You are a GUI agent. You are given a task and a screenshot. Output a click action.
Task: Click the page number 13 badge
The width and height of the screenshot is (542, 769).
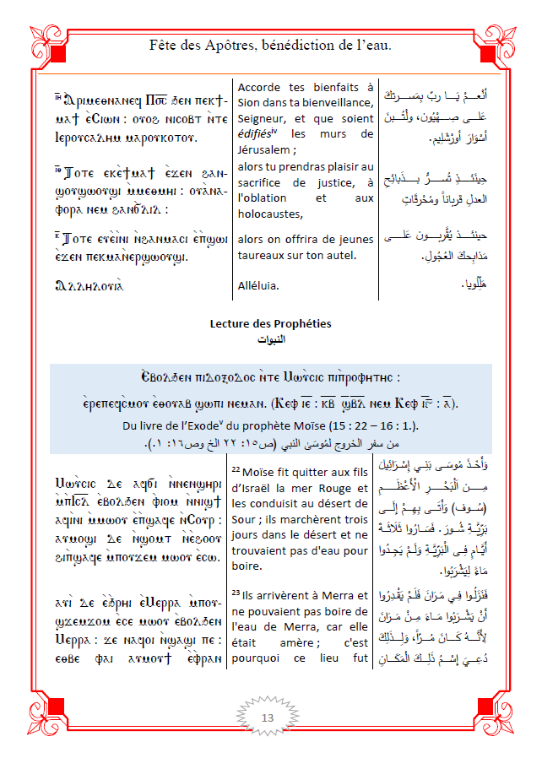point(268,718)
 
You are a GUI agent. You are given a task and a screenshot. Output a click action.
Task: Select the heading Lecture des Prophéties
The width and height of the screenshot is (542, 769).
point(270,323)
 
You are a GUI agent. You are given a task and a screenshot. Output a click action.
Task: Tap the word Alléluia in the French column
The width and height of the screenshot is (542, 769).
point(258,285)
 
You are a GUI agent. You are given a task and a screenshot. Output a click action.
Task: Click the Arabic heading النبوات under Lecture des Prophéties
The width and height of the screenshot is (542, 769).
point(270,338)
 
